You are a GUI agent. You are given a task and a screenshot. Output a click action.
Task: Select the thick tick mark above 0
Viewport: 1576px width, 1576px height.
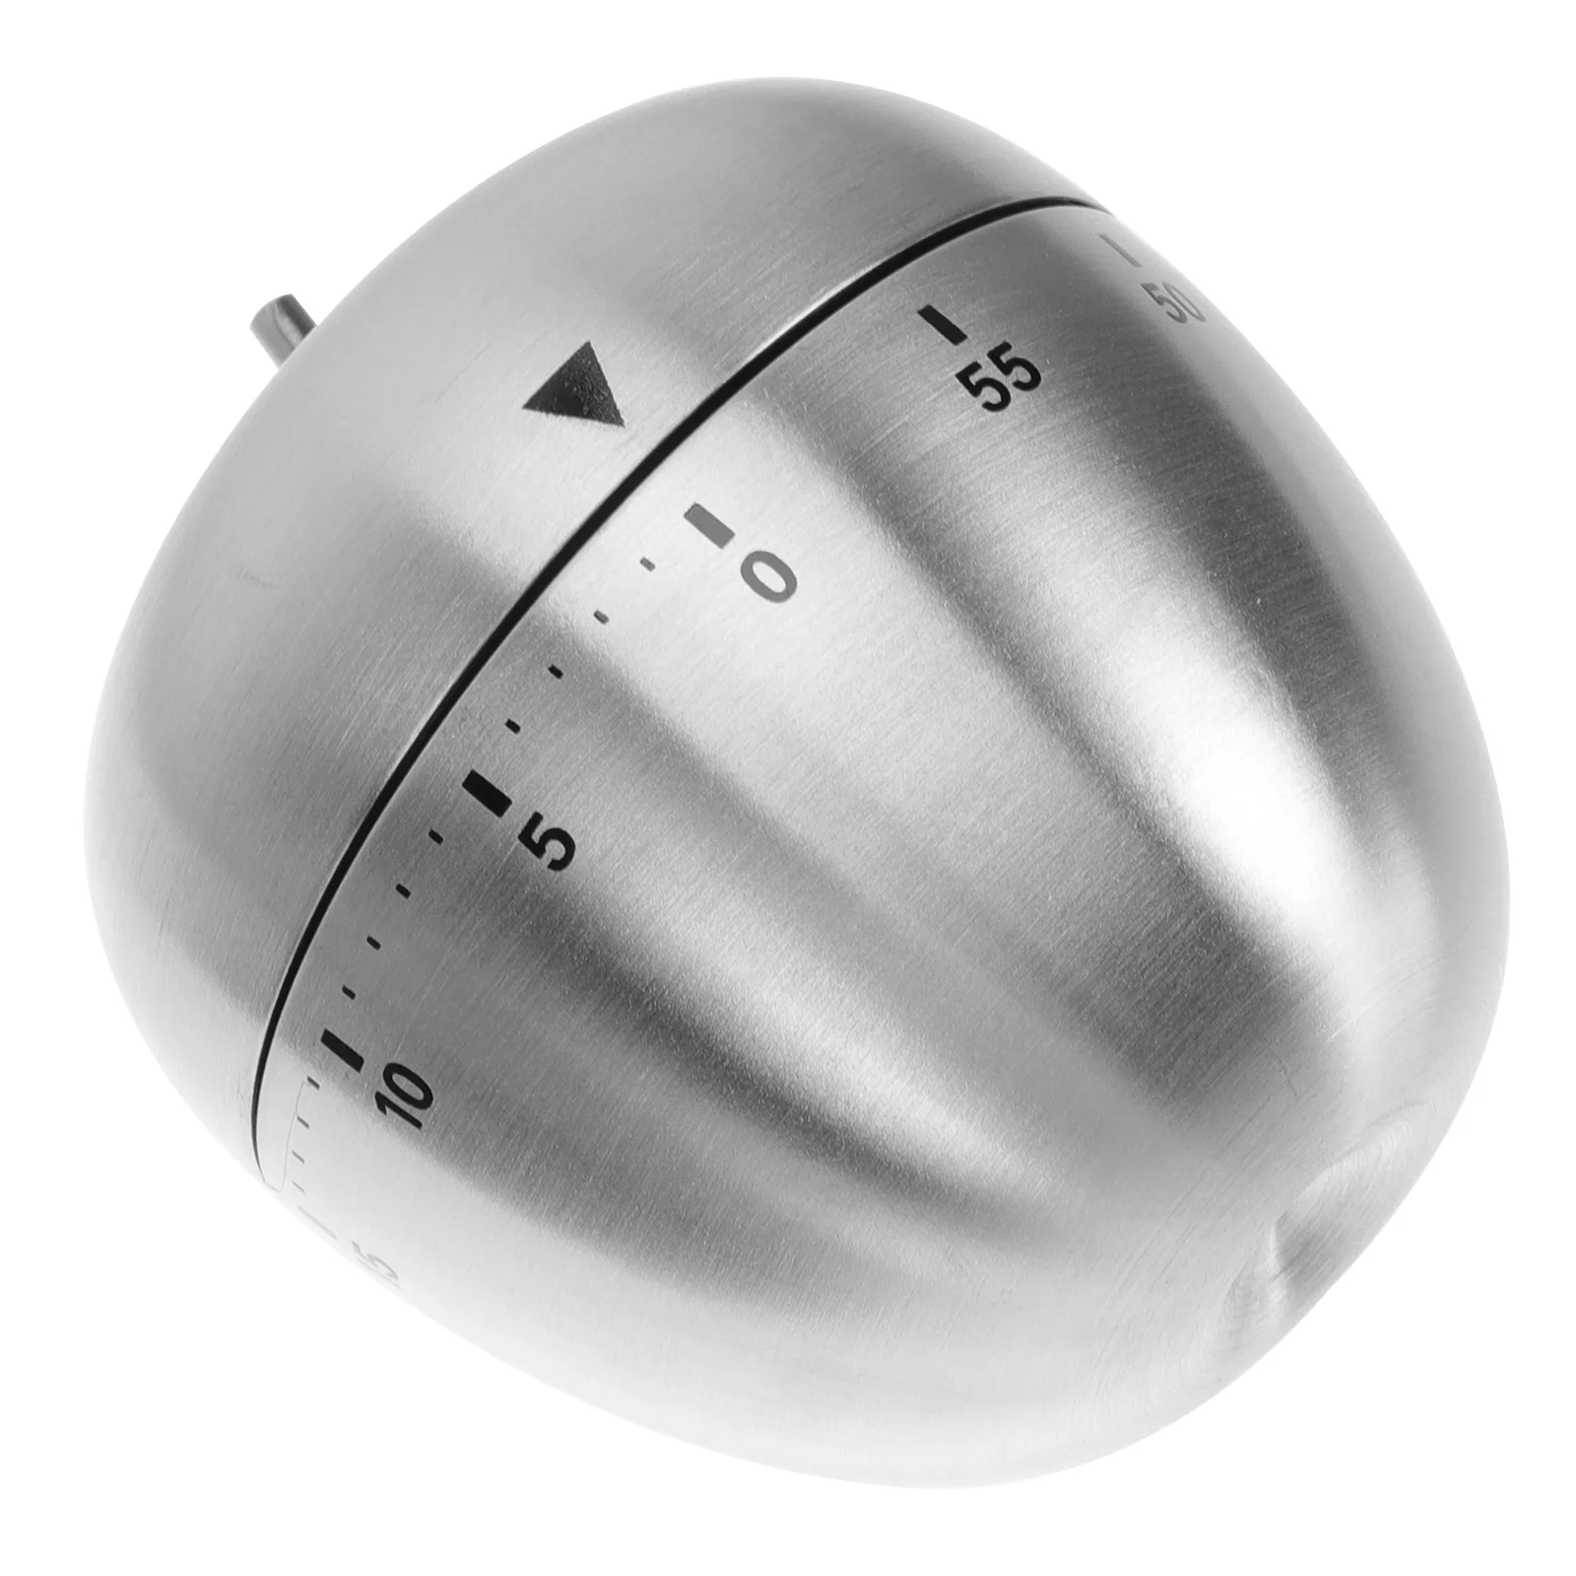711,524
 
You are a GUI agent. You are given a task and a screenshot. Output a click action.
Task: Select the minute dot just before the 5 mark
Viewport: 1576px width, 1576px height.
512,727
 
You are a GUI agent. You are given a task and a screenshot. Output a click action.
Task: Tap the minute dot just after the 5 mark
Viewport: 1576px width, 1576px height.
434,835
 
